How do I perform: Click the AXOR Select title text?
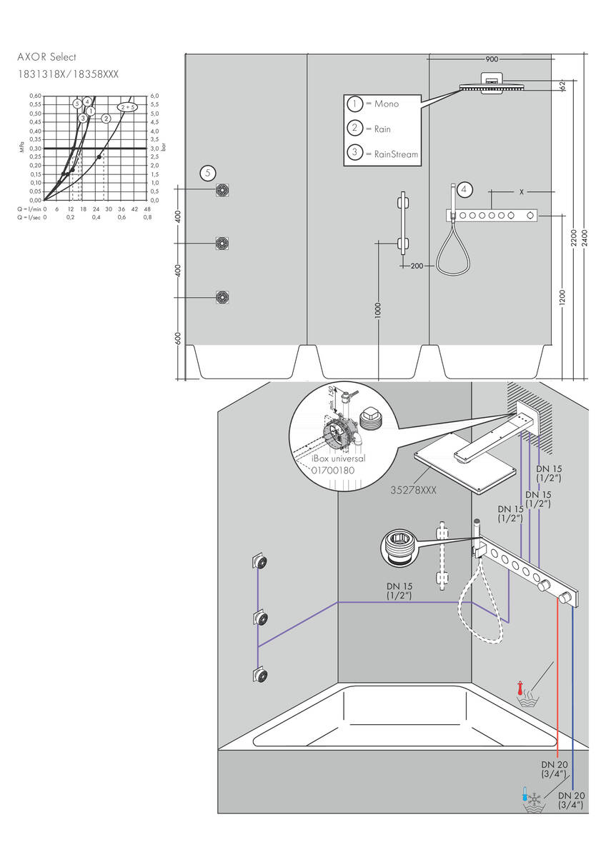[x=46, y=57]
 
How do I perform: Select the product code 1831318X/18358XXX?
[x=68, y=74]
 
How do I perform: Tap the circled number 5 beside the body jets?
[x=207, y=172]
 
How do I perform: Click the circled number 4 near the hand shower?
[x=465, y=189]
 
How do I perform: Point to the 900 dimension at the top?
[x=492, y=59]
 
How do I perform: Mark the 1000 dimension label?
[x=378, y=310]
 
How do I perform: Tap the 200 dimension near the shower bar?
[x=417, y=266]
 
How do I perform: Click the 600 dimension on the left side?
[x=179, y=339]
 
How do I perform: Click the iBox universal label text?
[x=338, y=458]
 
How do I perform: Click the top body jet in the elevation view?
[x=222, y=190]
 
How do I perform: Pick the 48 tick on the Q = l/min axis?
[x=147, y=209]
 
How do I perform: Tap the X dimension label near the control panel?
[x=522, y=192]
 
